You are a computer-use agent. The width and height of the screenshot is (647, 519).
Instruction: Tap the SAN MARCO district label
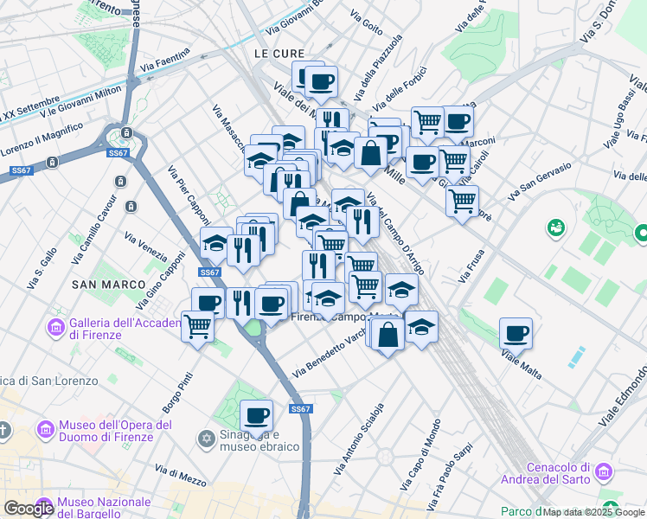pyautogui.click(x=101, y=284)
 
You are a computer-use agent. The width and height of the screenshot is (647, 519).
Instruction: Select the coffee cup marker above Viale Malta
pyautogui.click(x=516, y=333)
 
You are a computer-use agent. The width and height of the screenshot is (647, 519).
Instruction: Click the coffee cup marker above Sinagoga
pyautogui.click(x=256, y=415)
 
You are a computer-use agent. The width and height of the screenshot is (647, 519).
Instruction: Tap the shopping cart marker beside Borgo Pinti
pyautogui.click(x=198, y=327)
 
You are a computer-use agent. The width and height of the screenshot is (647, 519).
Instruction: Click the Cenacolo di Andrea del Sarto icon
pyautogui.click(x=603, y=472)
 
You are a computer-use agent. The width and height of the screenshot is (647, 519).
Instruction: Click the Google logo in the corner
pyautogui.click(x=29, y=509)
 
